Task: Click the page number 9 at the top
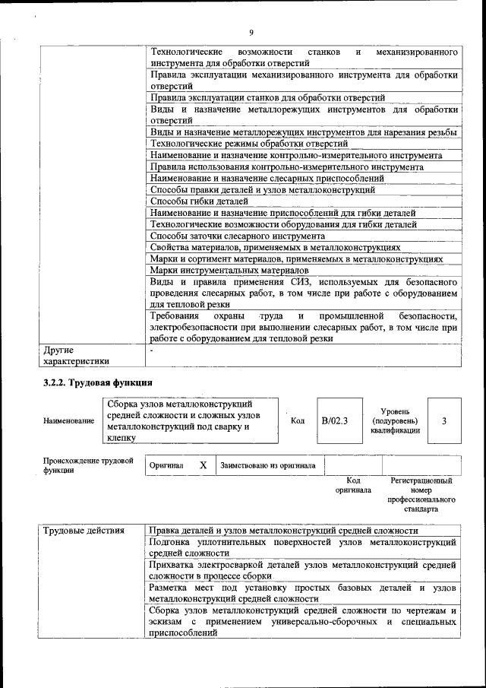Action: [250, 31]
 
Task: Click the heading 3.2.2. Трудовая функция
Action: [98, 382]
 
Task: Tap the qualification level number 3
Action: [443, 420]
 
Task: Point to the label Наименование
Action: [69, 420]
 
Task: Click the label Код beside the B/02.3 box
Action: [298, 420]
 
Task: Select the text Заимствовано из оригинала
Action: [268, 464]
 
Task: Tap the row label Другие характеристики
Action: [76, 356]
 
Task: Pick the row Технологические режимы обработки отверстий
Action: [248, 143]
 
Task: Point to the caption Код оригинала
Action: [353, 485]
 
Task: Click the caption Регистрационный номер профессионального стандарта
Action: [421, 495]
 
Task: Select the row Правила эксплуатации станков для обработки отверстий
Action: [267, 97]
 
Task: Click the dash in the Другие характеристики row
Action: [152, 350]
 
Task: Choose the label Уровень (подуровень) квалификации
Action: [395, 420]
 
